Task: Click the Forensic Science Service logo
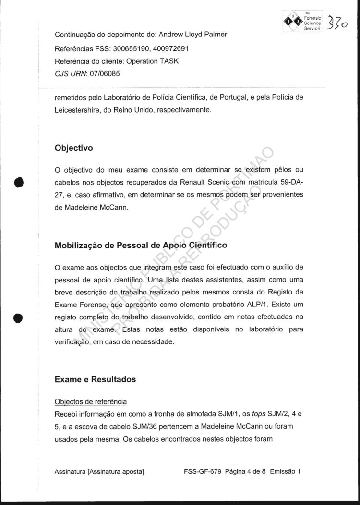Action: pyautogui.click(x=303, y=21)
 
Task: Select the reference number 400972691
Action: pyautogui.click(x=169, y=49)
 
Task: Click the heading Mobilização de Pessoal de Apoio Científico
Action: pyautogui.click(x=141, y=245)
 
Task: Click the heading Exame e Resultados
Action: pyautogui.click(x=96, y=379)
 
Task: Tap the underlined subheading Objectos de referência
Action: pyautogui.click(x=91, y=401)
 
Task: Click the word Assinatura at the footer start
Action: pyautogui.click(x=70, y=471)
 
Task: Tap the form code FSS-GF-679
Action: pyautogui.click(x=203, y=471)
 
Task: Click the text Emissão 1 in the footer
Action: pyautogui.click(x=285, y=471)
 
